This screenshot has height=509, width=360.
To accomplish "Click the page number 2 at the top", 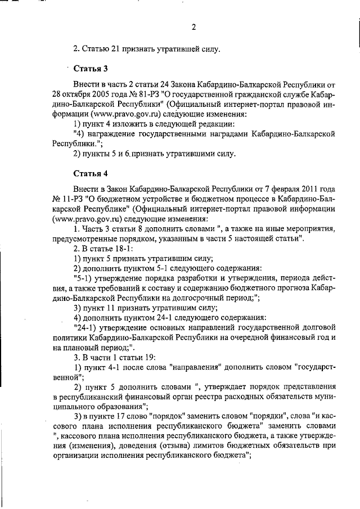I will pyautogui.click(x=193, y=27).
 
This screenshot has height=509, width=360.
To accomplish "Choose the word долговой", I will pyautogui.click(x=319, y=328).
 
